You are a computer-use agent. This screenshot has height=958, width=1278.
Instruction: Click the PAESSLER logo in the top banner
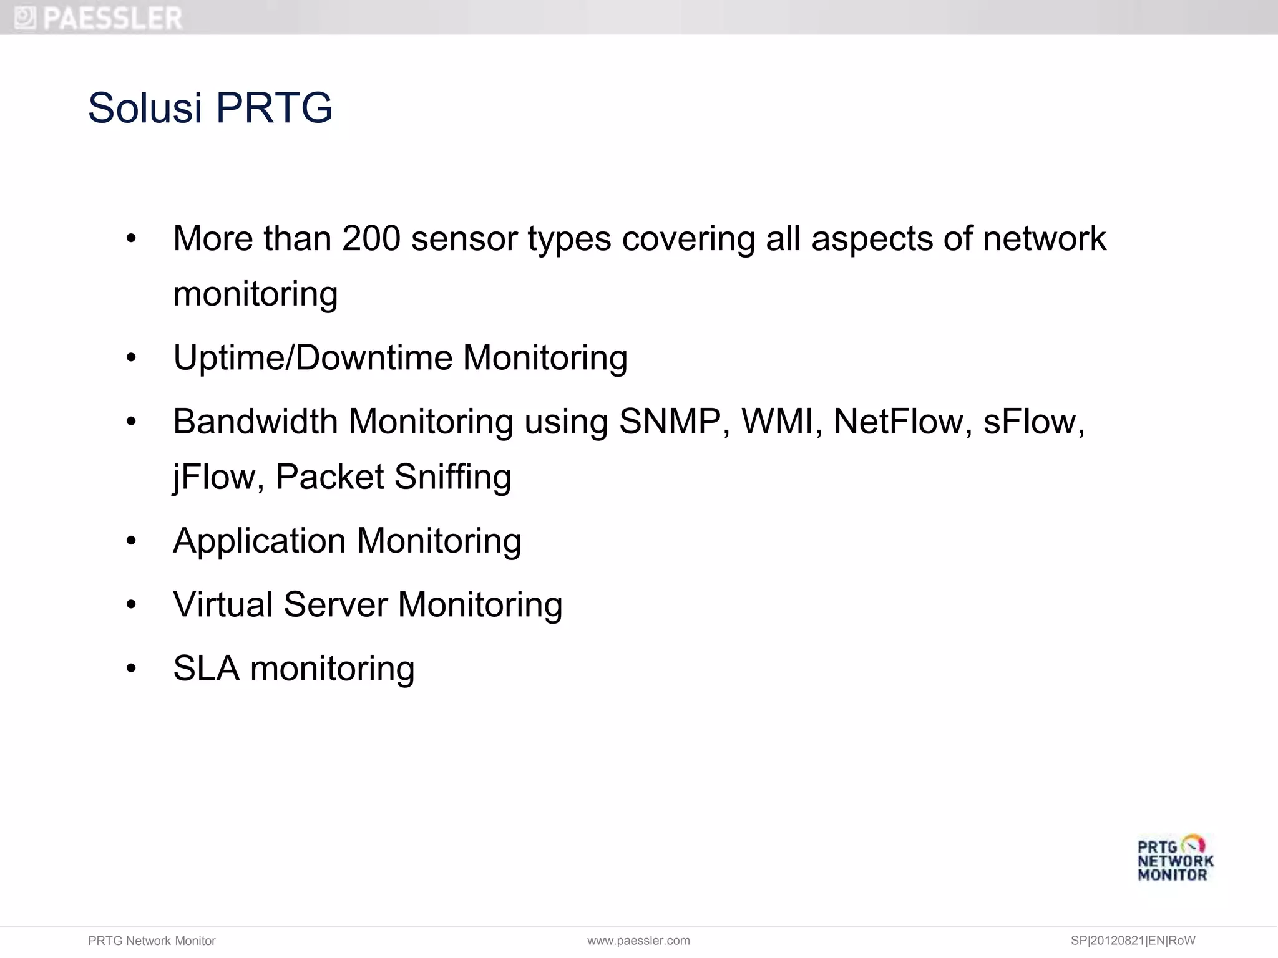pos(99,17)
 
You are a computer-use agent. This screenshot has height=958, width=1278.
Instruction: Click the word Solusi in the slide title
pos(145,108)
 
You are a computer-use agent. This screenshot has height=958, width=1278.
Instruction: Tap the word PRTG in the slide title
pos(274,108)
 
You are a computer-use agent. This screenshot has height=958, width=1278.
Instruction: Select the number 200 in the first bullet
pos(371,238)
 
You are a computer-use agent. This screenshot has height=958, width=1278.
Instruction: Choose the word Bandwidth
pos(255,422)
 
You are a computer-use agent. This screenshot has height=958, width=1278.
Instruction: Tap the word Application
pos(259,541)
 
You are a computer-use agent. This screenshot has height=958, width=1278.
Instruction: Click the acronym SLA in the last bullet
pos(206,669)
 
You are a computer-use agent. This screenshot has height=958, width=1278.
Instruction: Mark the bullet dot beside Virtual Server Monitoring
pos(131,605)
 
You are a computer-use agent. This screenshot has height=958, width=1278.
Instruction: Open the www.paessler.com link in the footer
pos(638,941)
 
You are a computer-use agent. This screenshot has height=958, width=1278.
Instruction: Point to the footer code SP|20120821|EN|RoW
pos(1133,941)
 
